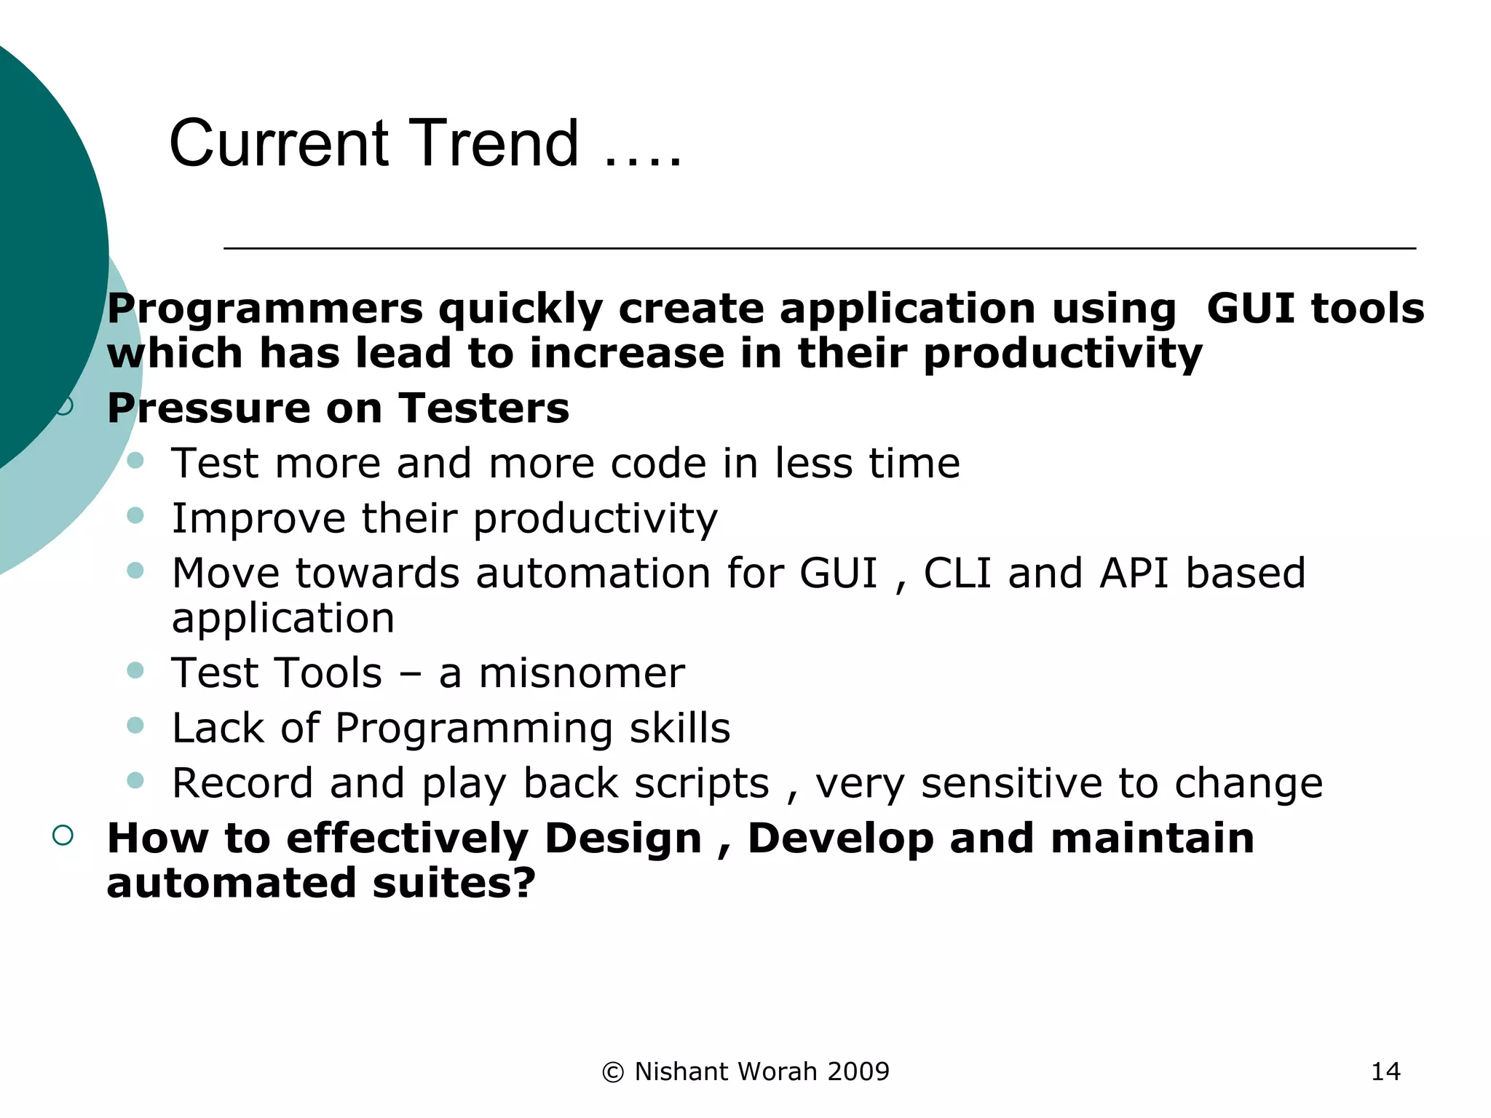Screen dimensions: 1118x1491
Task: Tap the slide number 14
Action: click(1385, 1071)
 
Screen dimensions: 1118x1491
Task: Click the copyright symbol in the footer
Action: click(613, 1072)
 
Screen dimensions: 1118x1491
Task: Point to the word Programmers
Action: click(265, 309)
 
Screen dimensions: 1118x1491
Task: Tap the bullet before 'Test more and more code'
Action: click(135, 460)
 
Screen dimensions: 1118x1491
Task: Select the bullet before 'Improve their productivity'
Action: click(135, 515)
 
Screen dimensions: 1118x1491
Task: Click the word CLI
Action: click(957, 573)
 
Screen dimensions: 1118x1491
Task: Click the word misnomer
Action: click(581, 673)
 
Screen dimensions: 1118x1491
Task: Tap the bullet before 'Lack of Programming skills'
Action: click(135, 725)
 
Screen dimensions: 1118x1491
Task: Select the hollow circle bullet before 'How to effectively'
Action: click(63, 835)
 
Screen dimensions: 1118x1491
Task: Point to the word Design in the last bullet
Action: click(622, 838)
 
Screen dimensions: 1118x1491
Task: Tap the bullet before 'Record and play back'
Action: click(135, 780)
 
